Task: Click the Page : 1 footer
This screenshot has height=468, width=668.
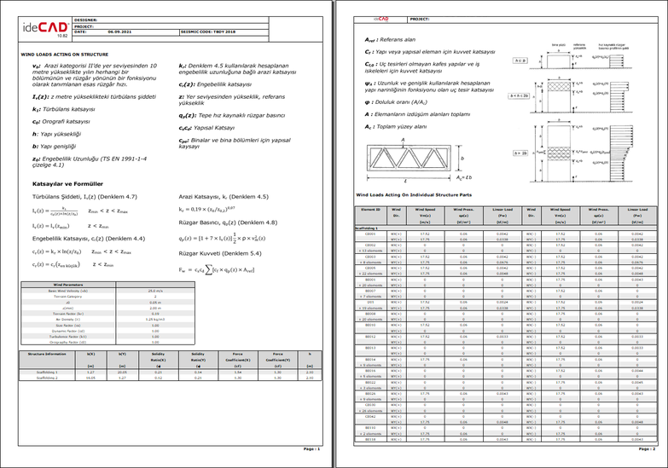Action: (312, 448)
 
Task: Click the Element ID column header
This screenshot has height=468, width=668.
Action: (370, 208)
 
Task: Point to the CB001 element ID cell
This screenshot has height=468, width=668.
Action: (370, 232)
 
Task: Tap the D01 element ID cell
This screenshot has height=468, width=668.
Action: (370, 302)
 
